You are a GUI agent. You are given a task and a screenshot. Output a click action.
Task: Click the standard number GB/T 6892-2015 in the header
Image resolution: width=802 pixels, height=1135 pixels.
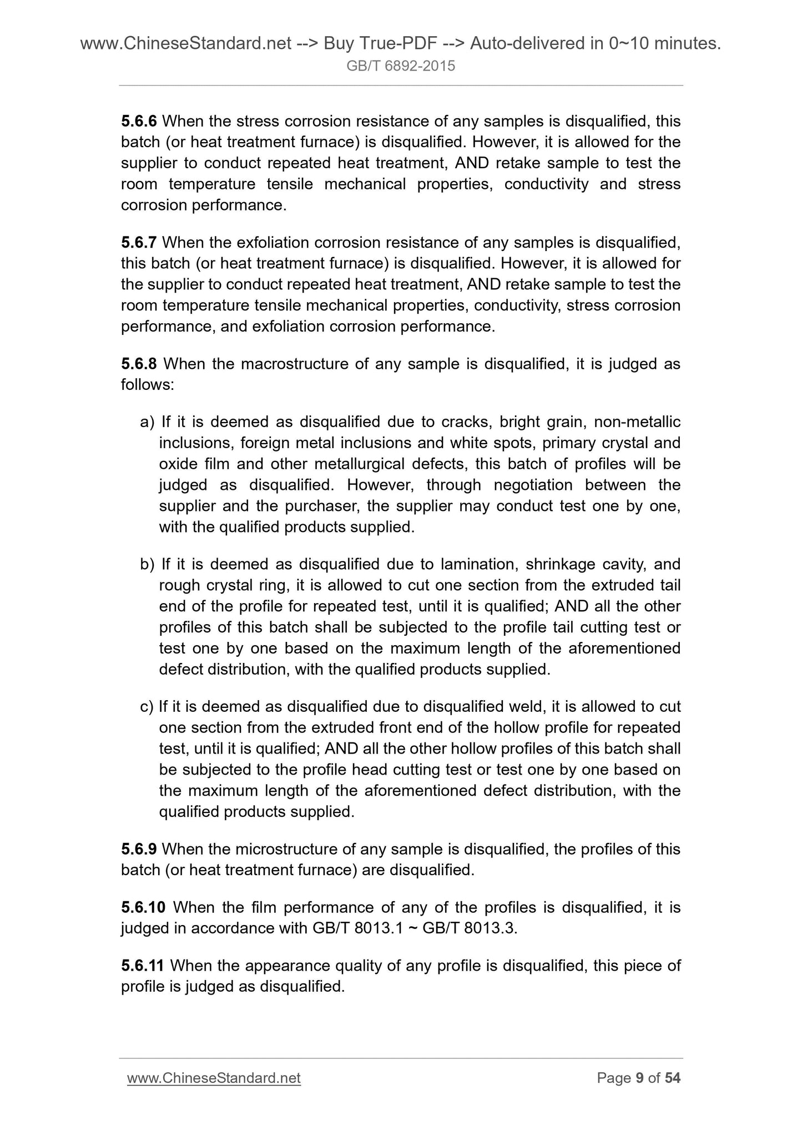401,66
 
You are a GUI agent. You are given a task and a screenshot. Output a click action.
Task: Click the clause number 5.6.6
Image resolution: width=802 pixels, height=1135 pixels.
139,121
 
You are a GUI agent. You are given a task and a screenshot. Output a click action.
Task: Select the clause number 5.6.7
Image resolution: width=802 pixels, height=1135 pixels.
139,243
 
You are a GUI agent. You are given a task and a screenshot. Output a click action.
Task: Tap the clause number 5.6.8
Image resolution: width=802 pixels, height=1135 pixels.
139,364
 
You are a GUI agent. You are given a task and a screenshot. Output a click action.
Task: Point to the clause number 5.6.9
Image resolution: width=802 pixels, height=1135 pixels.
139,849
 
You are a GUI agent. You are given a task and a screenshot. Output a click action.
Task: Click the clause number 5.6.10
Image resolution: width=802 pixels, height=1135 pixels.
143,907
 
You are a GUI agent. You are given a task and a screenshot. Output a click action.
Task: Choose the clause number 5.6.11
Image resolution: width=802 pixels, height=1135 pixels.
143,966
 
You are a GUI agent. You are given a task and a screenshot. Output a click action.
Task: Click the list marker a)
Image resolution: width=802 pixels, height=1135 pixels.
147,423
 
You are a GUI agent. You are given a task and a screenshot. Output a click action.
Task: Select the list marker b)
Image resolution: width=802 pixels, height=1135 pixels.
147,565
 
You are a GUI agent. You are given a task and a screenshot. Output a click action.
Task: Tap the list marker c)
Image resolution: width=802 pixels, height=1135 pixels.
147,707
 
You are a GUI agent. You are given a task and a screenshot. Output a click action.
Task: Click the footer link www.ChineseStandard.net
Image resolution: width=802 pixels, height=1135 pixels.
214,1078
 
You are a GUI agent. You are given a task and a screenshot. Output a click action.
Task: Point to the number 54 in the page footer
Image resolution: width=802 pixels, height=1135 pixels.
673,1078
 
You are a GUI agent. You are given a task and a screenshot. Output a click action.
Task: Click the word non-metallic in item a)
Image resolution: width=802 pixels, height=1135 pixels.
637,423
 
